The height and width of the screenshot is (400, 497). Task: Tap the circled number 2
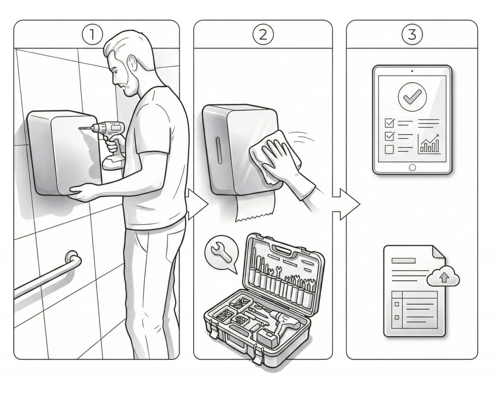(264, 34)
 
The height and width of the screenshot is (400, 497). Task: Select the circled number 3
(412, 34)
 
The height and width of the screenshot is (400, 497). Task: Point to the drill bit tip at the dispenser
(80, 128)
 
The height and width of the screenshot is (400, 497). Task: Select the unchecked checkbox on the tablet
(389, 149)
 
